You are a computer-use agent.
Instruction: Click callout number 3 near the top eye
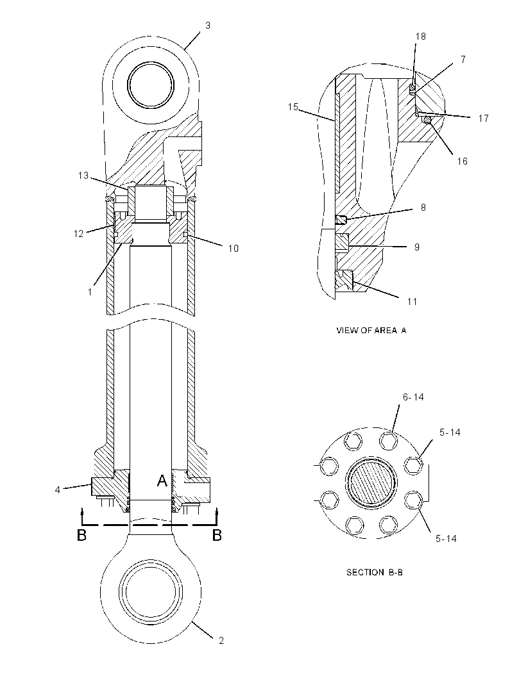click(208, 26)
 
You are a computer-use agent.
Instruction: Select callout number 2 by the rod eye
click(221, 640)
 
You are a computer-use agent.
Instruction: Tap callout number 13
click(83, 176)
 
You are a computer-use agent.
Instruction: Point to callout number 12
click(78, 234)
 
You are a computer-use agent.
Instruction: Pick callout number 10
click(233, 249)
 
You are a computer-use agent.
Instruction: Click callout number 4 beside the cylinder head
click(58, 490)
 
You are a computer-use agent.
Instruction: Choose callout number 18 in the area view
click(420, 37)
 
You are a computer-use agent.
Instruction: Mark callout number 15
click(293, 107)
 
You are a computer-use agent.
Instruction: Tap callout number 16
click(462, 161)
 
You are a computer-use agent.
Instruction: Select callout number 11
click(412, 301)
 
